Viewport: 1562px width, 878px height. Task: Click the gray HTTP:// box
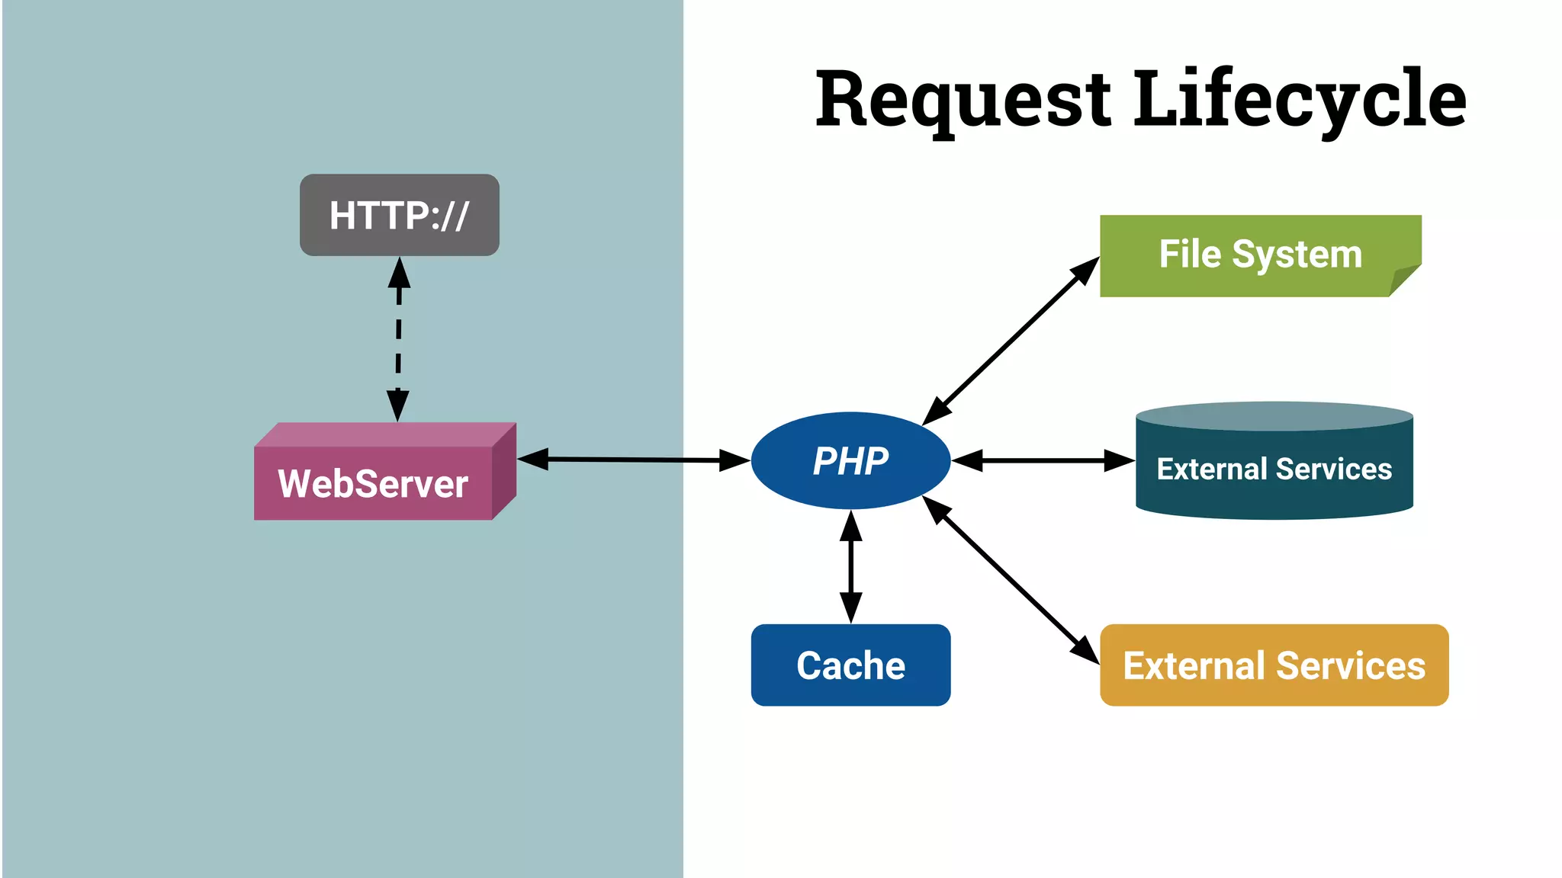(x=399, y=215)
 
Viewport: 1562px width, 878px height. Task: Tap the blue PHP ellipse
(x=850, y=460)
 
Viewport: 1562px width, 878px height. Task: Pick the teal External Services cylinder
(x=1274, y=469)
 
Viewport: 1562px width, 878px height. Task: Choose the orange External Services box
(x=1274, y=665)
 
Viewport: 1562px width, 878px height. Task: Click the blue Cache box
(x=850, y=665)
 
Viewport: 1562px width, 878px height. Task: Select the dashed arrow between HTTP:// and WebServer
(x=398, y=339)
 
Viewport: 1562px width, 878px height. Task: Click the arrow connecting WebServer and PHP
(x=633, y=460)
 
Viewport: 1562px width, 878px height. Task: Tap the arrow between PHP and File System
(x=1011, y=341)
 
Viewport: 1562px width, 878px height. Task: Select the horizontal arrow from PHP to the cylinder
(x=1043, y=460)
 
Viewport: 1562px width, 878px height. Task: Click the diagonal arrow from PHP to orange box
(x=1011, y=579)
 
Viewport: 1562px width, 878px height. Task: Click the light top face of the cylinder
(x=1274, y=417)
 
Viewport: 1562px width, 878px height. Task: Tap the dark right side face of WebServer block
(x=504, y=471)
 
